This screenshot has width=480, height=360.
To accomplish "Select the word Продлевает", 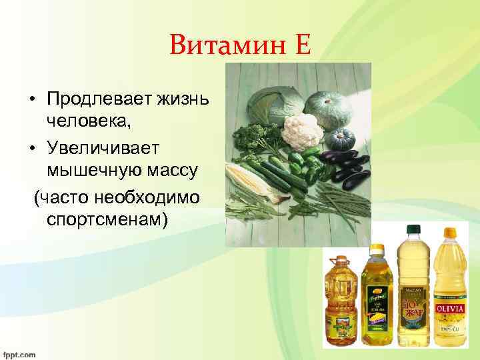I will pyautogui.click(x=95, y=100).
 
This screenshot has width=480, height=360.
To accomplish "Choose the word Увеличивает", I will pyautogui.click(x=100, y=146).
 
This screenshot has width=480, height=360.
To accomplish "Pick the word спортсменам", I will pyautogui.click(x=105, y=219).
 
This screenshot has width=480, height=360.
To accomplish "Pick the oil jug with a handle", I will pyautogui.click(x=342, y=300).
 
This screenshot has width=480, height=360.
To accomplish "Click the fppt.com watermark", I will pyautogui.click(x=18, y=355).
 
